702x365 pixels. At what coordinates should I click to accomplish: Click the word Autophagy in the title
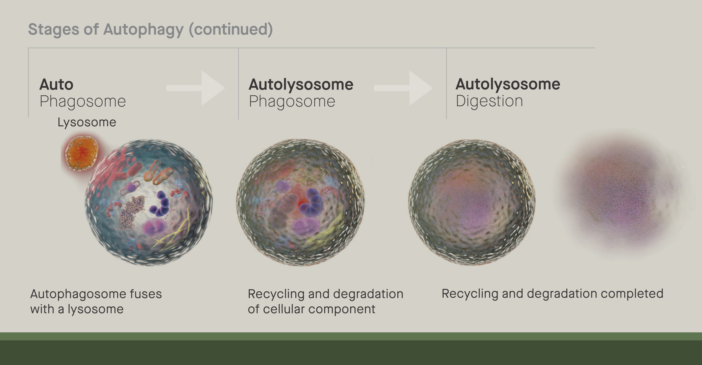pos(143,30)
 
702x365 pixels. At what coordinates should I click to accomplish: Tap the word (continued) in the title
pos(231,30)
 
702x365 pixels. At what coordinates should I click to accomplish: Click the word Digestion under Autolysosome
pos(489,101)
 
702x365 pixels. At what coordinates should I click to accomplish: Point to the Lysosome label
pos(87,122)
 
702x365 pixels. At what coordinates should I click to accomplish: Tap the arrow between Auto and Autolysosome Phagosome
pos(196,88)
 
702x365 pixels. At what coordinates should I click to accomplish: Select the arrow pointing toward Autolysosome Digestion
pos(403,88)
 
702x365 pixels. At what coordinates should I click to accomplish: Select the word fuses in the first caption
pos(146,294)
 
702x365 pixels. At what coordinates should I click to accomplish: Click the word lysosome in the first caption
pos(95,309)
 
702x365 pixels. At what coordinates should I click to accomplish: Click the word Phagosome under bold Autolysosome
pos(292,101)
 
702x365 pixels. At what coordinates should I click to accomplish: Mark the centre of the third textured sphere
pos(472,202)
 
